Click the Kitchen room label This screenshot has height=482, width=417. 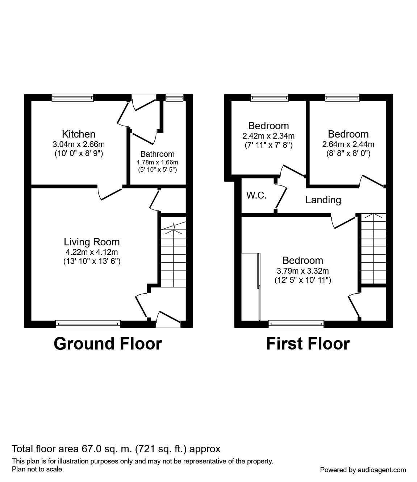pos(79,134)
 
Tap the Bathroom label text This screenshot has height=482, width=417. pos(157,154)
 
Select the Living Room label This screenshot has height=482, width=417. pos(92,242)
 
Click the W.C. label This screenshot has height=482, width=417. pos(257,195)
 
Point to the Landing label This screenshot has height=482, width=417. pos(323,200)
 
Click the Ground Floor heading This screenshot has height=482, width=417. pos(108,343)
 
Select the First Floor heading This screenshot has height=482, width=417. pos(308,343)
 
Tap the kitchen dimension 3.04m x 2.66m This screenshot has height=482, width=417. pos(79,144)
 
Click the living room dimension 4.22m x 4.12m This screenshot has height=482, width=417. pos(92,252)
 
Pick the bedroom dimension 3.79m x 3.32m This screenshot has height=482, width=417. pos(303,270)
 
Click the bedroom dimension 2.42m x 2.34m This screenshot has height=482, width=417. pos(268,136)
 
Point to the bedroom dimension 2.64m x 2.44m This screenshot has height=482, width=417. pos(348,144)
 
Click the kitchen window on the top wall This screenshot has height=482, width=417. pos(73,97)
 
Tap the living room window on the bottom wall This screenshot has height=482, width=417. pos(88,324)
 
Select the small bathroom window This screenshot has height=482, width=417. pos(174,97)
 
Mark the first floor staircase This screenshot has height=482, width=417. pos(373,249)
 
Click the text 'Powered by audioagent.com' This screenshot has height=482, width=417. pos(363,470)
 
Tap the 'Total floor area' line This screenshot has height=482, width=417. pos(116,449)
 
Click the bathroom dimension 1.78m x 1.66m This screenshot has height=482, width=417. pos(157,162)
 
